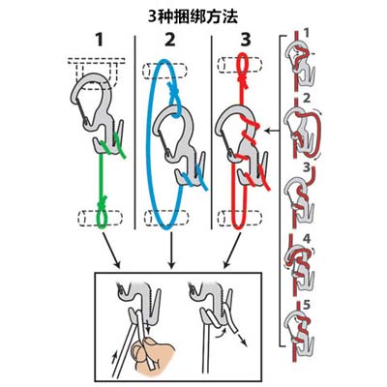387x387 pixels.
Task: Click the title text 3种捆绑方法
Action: (x=193, y=16)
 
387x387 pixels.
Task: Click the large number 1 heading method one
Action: (x=99, y=40)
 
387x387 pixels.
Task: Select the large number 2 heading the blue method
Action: (x=169, y=40)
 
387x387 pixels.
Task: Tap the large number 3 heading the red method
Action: (x=246, y=40)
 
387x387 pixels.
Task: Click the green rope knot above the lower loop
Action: (x=103, y=202)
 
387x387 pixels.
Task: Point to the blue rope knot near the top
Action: (x=174, y=89)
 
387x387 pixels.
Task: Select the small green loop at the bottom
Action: (x=103, y=219)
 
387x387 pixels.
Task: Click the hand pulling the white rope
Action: (x=153, y=356)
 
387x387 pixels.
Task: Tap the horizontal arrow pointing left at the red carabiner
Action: (x=272, y=131)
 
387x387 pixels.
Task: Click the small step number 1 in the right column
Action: (x=307, y=33)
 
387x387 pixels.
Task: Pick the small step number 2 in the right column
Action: (x=307, y=98)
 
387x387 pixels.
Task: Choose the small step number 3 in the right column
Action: (x=307, y=167)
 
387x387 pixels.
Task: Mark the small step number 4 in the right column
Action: (x=307, y=239)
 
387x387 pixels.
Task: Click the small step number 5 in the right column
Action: (x=307, y=305)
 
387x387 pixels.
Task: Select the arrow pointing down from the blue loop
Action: (x=171, y=250)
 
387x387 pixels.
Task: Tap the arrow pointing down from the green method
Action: (x=111, y=250)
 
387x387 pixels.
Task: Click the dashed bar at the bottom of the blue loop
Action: (x=166, y=218)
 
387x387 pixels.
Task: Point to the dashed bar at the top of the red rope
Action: (x=240, y=65)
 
